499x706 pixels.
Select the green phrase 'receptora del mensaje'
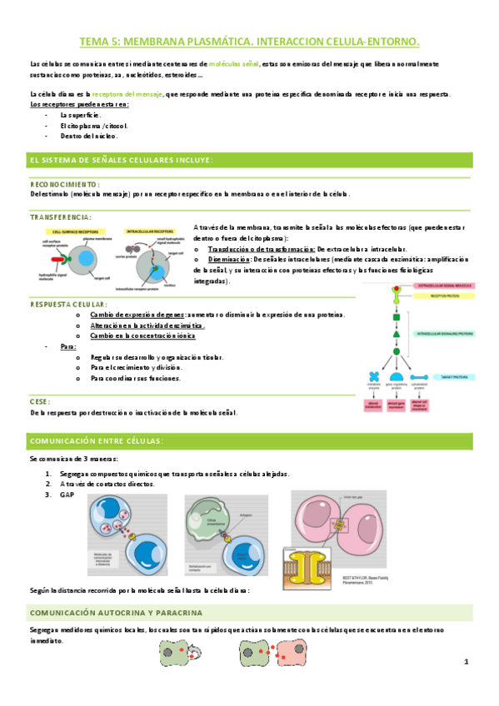(x=127, y=94)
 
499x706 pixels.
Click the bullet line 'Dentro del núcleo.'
(x=89, y=136)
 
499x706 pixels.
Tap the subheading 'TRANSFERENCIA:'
(x=61, y=216)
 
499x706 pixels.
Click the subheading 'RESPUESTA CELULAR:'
(x=68, y=305)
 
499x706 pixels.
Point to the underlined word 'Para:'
(x=68, y=346)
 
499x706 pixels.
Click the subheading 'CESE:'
(x=41, y=401)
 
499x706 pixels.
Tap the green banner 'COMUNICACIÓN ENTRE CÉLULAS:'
(x=97, y=440)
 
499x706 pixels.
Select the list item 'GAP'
(x=67, y=495)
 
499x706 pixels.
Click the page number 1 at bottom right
(x=467, y=662)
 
